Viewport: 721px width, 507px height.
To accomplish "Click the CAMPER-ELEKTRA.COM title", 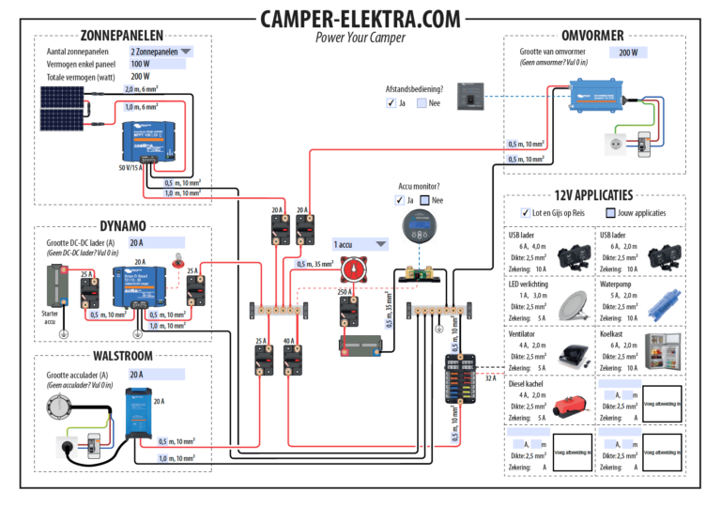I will (x=360, y=20).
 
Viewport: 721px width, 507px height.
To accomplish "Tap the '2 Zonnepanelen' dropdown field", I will (x=161, y=52).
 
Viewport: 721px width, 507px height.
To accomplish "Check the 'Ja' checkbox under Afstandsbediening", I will (x=391, y=103).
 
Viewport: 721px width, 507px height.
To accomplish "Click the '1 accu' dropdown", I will (x=360, y=243).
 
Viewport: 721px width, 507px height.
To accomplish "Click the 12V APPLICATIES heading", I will (x=593, y=195).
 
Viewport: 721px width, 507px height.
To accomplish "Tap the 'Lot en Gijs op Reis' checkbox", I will (x=526, y=213).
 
